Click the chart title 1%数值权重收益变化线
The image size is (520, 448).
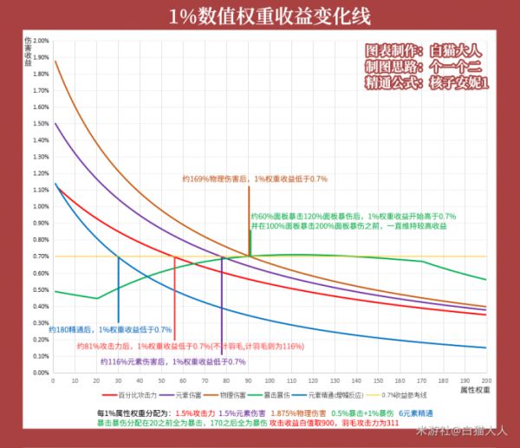259,16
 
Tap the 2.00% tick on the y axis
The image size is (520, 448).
39,41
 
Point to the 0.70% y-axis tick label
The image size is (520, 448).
39,256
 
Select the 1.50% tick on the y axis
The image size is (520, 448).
39,124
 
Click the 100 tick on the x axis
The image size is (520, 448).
270,380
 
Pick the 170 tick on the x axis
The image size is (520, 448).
421,380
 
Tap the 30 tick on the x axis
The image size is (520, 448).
118,380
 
